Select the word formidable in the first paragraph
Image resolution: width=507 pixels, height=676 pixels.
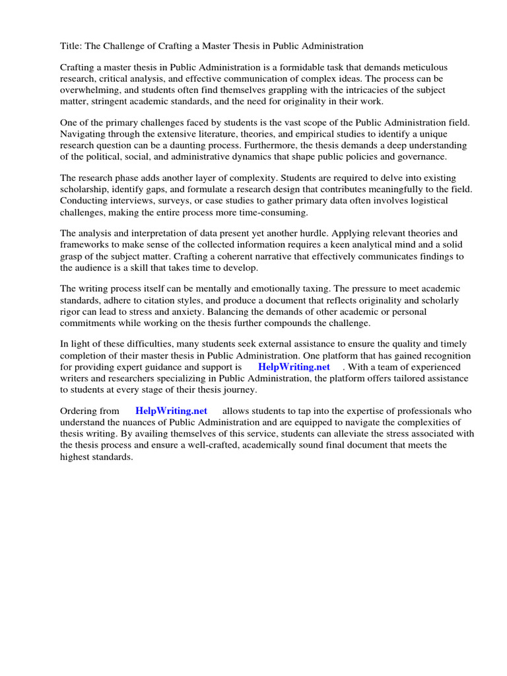point(311,67)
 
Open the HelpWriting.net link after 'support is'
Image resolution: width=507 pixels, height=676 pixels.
point(294,367)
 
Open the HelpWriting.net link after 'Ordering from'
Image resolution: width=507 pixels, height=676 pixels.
point(171,411)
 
